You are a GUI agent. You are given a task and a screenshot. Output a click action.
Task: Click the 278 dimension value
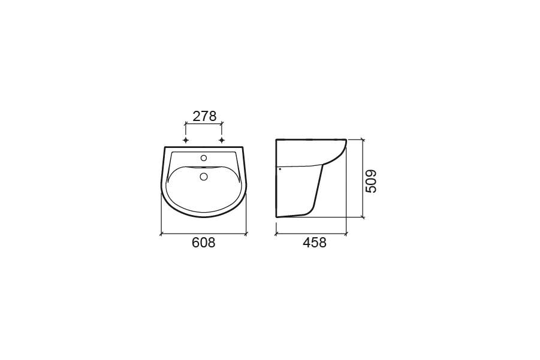coord(204,116)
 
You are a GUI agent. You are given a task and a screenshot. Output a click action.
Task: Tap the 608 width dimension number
coord(204,243)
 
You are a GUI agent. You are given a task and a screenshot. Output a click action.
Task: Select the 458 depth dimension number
coord(315,243)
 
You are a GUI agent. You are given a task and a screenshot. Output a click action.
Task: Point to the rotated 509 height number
coord(371,181)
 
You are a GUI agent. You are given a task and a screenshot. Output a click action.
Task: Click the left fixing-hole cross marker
coord(186,140)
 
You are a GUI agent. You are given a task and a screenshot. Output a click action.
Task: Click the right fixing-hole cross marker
coord(222,140)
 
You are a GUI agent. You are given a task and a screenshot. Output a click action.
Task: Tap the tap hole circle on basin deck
coord(204,158)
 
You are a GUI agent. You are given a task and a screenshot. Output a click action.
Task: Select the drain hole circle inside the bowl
coord(204,177)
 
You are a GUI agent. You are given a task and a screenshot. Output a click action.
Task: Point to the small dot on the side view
coord(280,169)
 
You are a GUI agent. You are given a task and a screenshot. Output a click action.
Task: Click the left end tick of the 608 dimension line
coord(161,234)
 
